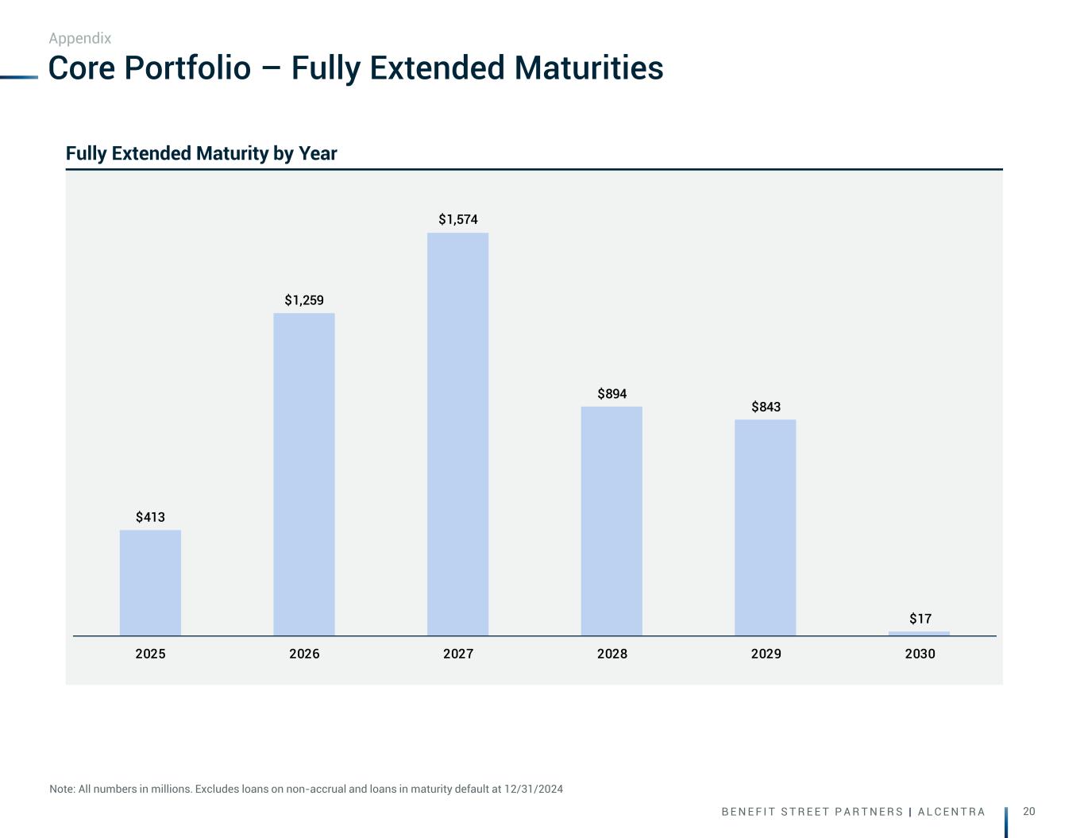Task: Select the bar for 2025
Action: (x=150, y=582)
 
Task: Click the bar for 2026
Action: (x=304, y=474)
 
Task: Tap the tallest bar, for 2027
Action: (x=458, y=434)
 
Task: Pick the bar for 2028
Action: (x=611, y=521)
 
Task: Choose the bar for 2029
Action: (x=766, y=527)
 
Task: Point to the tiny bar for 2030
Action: (x=919, y=633)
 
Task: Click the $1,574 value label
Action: (x=458, y=219)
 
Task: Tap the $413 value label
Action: (x=150, y=517)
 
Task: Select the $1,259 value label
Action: (x=304, y=300)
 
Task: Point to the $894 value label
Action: (x=612, y=394)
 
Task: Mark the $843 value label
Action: (x=766, y=407)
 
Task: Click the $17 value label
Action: (x=920, y=618)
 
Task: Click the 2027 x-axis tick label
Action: (x=458, y=654)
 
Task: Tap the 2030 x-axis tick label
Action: (x=920, y=654)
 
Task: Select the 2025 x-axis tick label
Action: (x=150, y=654)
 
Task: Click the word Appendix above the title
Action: (x=79, y=38)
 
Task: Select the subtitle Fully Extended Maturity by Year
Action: (x=201, y=153)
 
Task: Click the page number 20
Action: (x=1029, y=811)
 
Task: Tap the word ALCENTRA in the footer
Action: (x=951, y=812)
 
